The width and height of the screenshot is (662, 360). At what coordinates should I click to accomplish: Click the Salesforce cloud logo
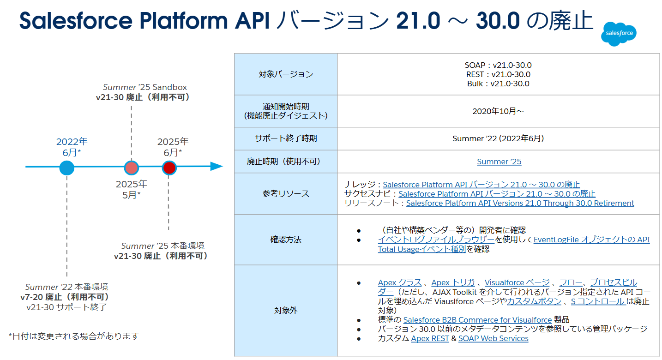619,34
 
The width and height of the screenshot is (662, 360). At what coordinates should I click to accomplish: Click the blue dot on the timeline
67,167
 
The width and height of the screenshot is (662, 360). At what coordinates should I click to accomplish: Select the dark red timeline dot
169,168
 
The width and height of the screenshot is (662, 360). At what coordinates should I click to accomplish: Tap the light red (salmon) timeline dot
132,168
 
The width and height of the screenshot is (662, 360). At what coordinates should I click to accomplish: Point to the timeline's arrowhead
217,167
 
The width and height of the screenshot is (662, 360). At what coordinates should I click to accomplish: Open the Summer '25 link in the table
499,162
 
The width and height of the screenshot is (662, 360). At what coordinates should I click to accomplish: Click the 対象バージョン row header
286,74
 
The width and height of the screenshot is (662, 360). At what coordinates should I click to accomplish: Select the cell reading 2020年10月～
498,111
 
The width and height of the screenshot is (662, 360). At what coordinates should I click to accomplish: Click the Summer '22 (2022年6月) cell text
498,138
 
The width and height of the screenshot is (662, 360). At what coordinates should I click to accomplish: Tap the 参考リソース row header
286,194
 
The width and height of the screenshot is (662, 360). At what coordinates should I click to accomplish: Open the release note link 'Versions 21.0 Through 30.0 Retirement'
520,203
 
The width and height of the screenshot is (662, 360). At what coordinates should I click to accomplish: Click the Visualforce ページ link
517,282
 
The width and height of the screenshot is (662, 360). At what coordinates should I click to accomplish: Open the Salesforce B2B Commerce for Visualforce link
477,320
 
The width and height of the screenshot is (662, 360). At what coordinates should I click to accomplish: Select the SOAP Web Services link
493,338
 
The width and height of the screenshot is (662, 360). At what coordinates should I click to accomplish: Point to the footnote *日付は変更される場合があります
74,336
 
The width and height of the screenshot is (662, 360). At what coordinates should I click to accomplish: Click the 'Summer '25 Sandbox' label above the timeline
144,87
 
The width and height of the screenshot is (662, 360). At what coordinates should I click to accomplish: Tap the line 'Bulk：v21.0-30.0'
498,84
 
